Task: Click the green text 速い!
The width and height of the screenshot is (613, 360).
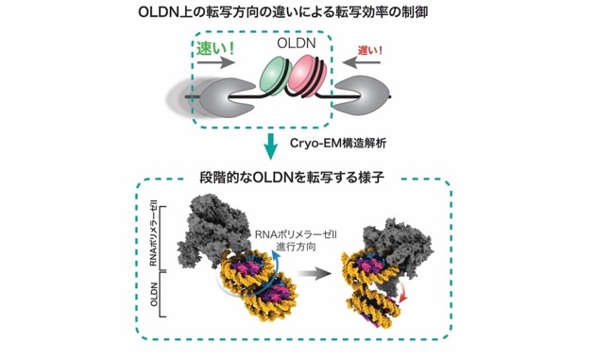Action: [215, 49]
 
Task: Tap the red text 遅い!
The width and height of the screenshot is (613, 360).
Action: [369, 50]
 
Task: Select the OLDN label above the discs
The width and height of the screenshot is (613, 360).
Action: [297, 43]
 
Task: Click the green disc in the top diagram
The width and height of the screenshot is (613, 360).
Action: [274, 75]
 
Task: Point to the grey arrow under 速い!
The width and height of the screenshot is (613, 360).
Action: [215, 61]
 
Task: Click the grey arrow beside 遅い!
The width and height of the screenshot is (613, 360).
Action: [362, 61]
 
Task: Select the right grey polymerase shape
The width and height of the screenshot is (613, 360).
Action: [361, 96]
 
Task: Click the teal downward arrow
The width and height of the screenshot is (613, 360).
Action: [270, 146]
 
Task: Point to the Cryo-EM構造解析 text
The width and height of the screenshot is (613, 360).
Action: [338, 143]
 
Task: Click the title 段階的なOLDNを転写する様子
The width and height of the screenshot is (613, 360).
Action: [292, 178]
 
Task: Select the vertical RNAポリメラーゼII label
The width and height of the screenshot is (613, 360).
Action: [153, 236]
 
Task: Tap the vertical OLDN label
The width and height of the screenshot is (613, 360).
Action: [154, 295]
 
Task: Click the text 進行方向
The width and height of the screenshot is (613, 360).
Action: [296, 247]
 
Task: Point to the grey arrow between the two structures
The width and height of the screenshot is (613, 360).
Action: [314, 274]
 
